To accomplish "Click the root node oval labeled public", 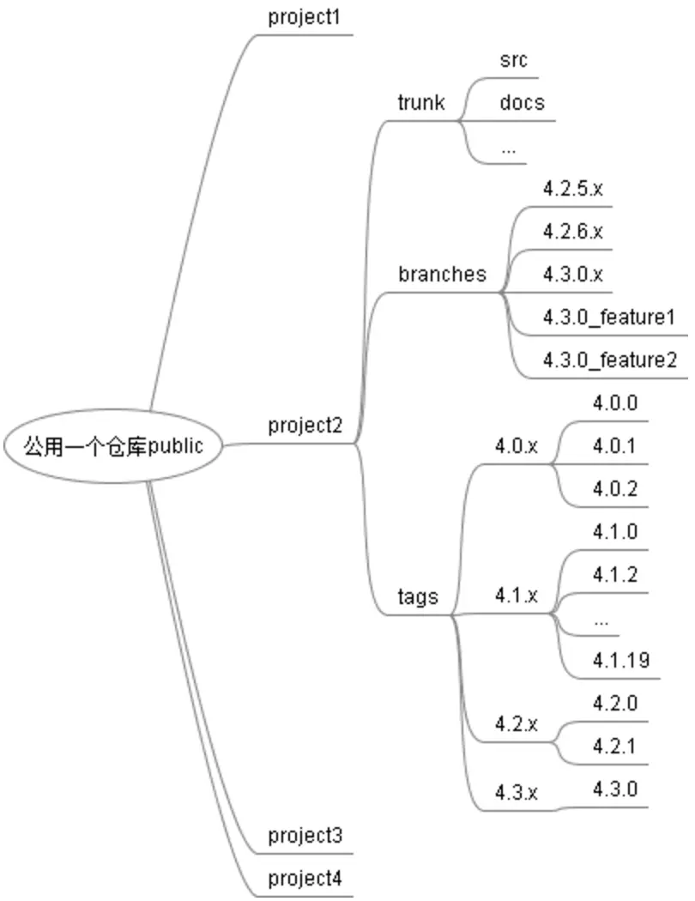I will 113,446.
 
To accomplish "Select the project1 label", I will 305,17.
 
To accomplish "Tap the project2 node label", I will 305,425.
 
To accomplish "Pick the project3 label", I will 305,835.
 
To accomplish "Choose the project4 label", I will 305,879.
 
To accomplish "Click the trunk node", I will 421,103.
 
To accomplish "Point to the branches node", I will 442,275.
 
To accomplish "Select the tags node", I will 418,596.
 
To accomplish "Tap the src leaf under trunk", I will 513,60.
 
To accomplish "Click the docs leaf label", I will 522,103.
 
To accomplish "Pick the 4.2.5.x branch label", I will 573,189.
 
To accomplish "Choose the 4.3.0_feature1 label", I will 609,317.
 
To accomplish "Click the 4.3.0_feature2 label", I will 609,360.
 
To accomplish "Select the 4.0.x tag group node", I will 516,446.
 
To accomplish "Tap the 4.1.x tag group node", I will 516,596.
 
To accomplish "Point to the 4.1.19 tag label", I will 620,660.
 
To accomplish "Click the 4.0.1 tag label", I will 615,446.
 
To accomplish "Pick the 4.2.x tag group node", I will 516,724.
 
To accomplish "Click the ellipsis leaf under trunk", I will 508,148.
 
